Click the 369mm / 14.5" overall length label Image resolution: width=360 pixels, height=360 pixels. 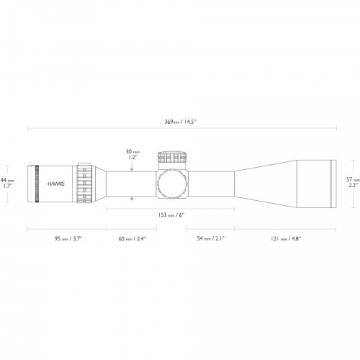pyautogui.click(x=181, y=122)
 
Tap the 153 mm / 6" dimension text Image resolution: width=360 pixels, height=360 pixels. pyautogui.click(x=171, y=213)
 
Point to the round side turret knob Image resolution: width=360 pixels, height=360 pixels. pyautogui.click(x=173, y=184)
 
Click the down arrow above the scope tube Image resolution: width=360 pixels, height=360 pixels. pyautogui.click(x=132, y=168)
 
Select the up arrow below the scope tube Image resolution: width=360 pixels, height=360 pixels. pyautogui.click(x=132, y=198)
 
